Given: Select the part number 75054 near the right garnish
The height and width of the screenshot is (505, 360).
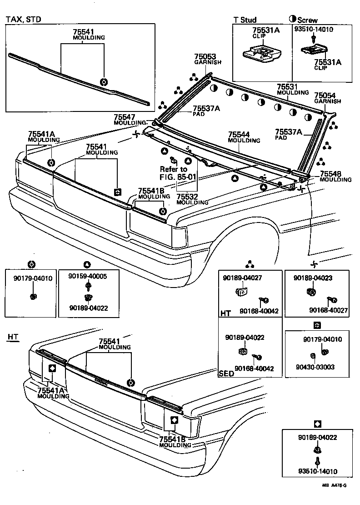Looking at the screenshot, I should point(324,96).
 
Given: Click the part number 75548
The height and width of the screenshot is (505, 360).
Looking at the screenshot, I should point(331,174).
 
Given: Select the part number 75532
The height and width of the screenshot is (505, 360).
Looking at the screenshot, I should point(187,197).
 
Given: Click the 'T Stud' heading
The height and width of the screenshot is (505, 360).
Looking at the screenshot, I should point(245,20).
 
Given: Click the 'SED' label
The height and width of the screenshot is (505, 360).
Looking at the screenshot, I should point(226,374).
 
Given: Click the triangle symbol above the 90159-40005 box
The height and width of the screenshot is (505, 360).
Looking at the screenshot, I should point(87,264).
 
